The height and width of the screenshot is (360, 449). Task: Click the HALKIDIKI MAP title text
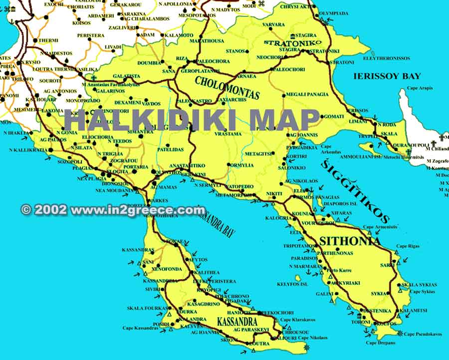pos(192,120)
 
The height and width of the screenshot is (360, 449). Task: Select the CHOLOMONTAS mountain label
pos(227,87)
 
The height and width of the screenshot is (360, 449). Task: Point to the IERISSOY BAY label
pos(387,76)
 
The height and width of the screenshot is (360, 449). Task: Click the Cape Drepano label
pos(381,343)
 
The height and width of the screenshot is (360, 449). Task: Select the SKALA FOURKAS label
pos(146,308)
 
